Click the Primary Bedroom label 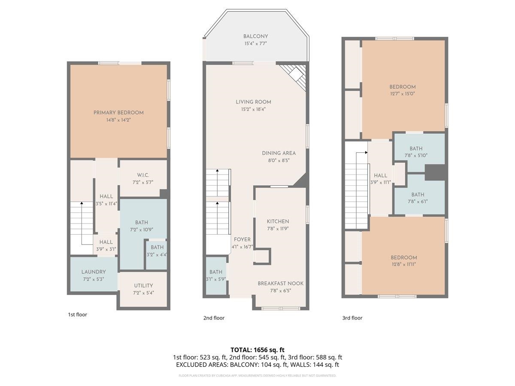[x=118, y=113]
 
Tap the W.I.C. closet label [x=142, y=175]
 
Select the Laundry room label [x=94, y=272]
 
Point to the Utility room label [x=143, y=286]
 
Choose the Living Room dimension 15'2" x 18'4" [x=253, y=109]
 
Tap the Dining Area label [x=279, y=153]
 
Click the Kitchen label [x=278, y=221]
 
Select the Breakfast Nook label [x=280, y=283]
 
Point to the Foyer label [x=242, y=239]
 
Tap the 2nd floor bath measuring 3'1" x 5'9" [x=216, y=275]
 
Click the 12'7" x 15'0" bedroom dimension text [x=403, y=93]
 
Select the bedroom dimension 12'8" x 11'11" [x=404, y=264]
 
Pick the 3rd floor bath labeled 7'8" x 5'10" [x=416, y=152]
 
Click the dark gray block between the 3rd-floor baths [x=435, y=172]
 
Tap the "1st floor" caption [x=77, y=314]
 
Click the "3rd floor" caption [x=352, y=318]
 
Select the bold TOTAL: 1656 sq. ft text [x=257, y=350]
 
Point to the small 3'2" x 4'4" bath [x=157, y=250]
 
